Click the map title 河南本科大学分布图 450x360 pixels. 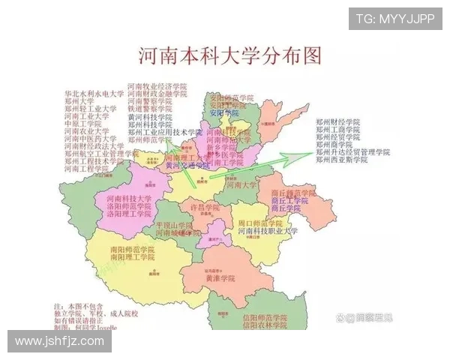(x=230, y=56)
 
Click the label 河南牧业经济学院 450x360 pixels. (x=157, y=87)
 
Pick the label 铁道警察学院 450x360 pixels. (x=151, y=109)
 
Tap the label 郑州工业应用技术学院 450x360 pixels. (x=165, y=132)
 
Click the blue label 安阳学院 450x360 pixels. (x=223, y=113)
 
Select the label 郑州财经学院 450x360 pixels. (x=337, y=121)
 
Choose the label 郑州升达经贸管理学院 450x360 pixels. (x=352, y=152)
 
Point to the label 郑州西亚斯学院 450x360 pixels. (x=341, y=160)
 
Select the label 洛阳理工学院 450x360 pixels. (x=118, y=214)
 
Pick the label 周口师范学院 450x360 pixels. (x=259, y=223)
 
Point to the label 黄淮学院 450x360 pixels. (x=220, y=278)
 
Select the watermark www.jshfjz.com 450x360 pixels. (x=60, y=341)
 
